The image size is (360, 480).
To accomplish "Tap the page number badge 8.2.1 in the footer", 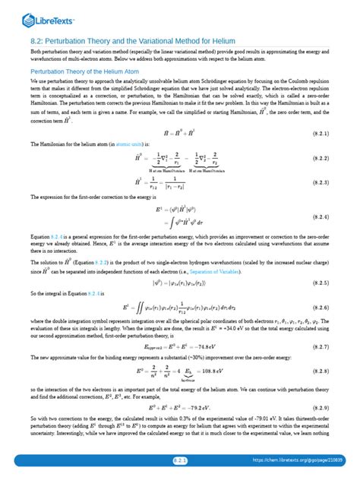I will (180, 460).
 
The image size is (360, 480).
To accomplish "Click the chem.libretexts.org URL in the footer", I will (303, 460).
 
